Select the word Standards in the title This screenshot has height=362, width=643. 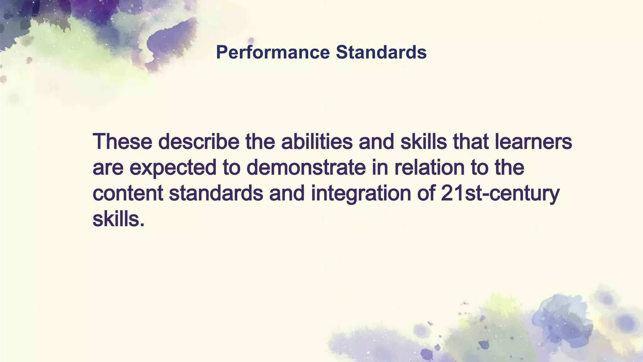[x=381, y=52]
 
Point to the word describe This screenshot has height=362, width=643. [x=199, y=141]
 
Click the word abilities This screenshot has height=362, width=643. [x=317, y=141]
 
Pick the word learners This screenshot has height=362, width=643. [x=533, y=141]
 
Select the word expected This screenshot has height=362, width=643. [x=173, y=167]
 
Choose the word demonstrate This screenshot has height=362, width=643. [x=306, y=167]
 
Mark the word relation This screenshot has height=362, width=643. [x=430, y=167]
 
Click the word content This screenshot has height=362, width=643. [x=128, y=193]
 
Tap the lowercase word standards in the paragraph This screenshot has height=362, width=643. [x=216, y=193]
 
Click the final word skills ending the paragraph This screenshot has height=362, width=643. [x=116, y=219]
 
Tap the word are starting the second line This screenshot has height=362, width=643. [x=108, y=167]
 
